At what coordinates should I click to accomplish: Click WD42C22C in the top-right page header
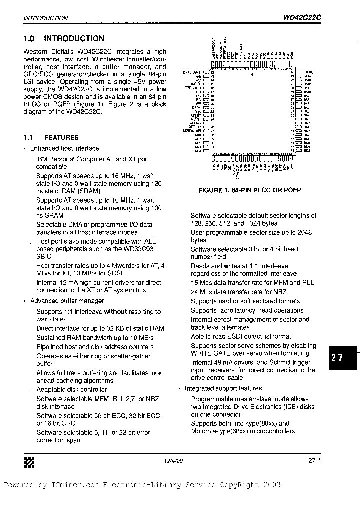point(302,17)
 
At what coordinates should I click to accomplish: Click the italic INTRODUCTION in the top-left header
point(46,18)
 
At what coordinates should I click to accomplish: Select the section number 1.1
point(28,137)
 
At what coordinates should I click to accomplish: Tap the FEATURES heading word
point(61,137)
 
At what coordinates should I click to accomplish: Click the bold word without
point(115,311)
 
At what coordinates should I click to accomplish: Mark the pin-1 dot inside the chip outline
point(252,74)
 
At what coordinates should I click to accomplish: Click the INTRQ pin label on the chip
point(308,72)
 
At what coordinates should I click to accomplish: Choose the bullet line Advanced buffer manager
point(67,301)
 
